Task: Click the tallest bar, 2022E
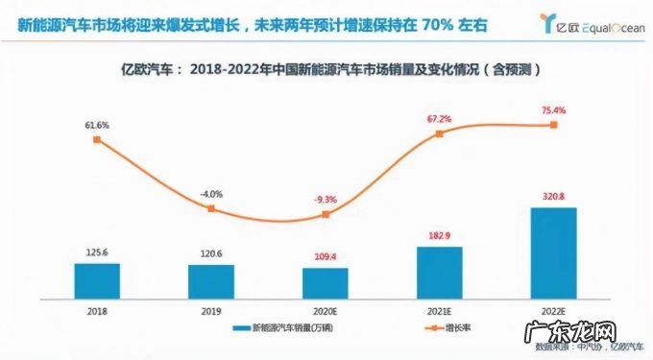553,251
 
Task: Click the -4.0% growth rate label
211,195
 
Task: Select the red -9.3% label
325,200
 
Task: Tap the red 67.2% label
439,118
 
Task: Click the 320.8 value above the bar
553,197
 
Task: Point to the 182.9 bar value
439,236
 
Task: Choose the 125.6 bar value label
97,252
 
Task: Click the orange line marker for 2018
97,140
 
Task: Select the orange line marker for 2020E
325,214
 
